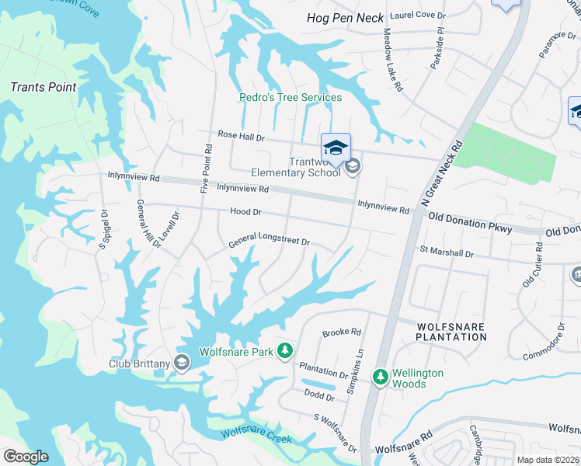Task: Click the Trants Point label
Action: click(43, 87)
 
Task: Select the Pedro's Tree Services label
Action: click(290, 98)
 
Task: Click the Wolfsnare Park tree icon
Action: click(285, 351)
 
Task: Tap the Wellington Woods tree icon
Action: click(381, 377)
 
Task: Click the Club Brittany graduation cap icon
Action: click(182, 362)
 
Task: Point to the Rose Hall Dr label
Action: click(242, 134)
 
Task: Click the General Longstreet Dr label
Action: click(269, 243)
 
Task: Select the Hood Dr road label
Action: click(245, 212)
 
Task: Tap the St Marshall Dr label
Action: click(447, 252)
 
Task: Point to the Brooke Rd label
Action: click(343, 332)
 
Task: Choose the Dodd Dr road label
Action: click(319, 397)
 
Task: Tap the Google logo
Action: click(26, 457)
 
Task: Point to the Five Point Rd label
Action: click(207, 168)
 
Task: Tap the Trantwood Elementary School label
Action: click(296, 167)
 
